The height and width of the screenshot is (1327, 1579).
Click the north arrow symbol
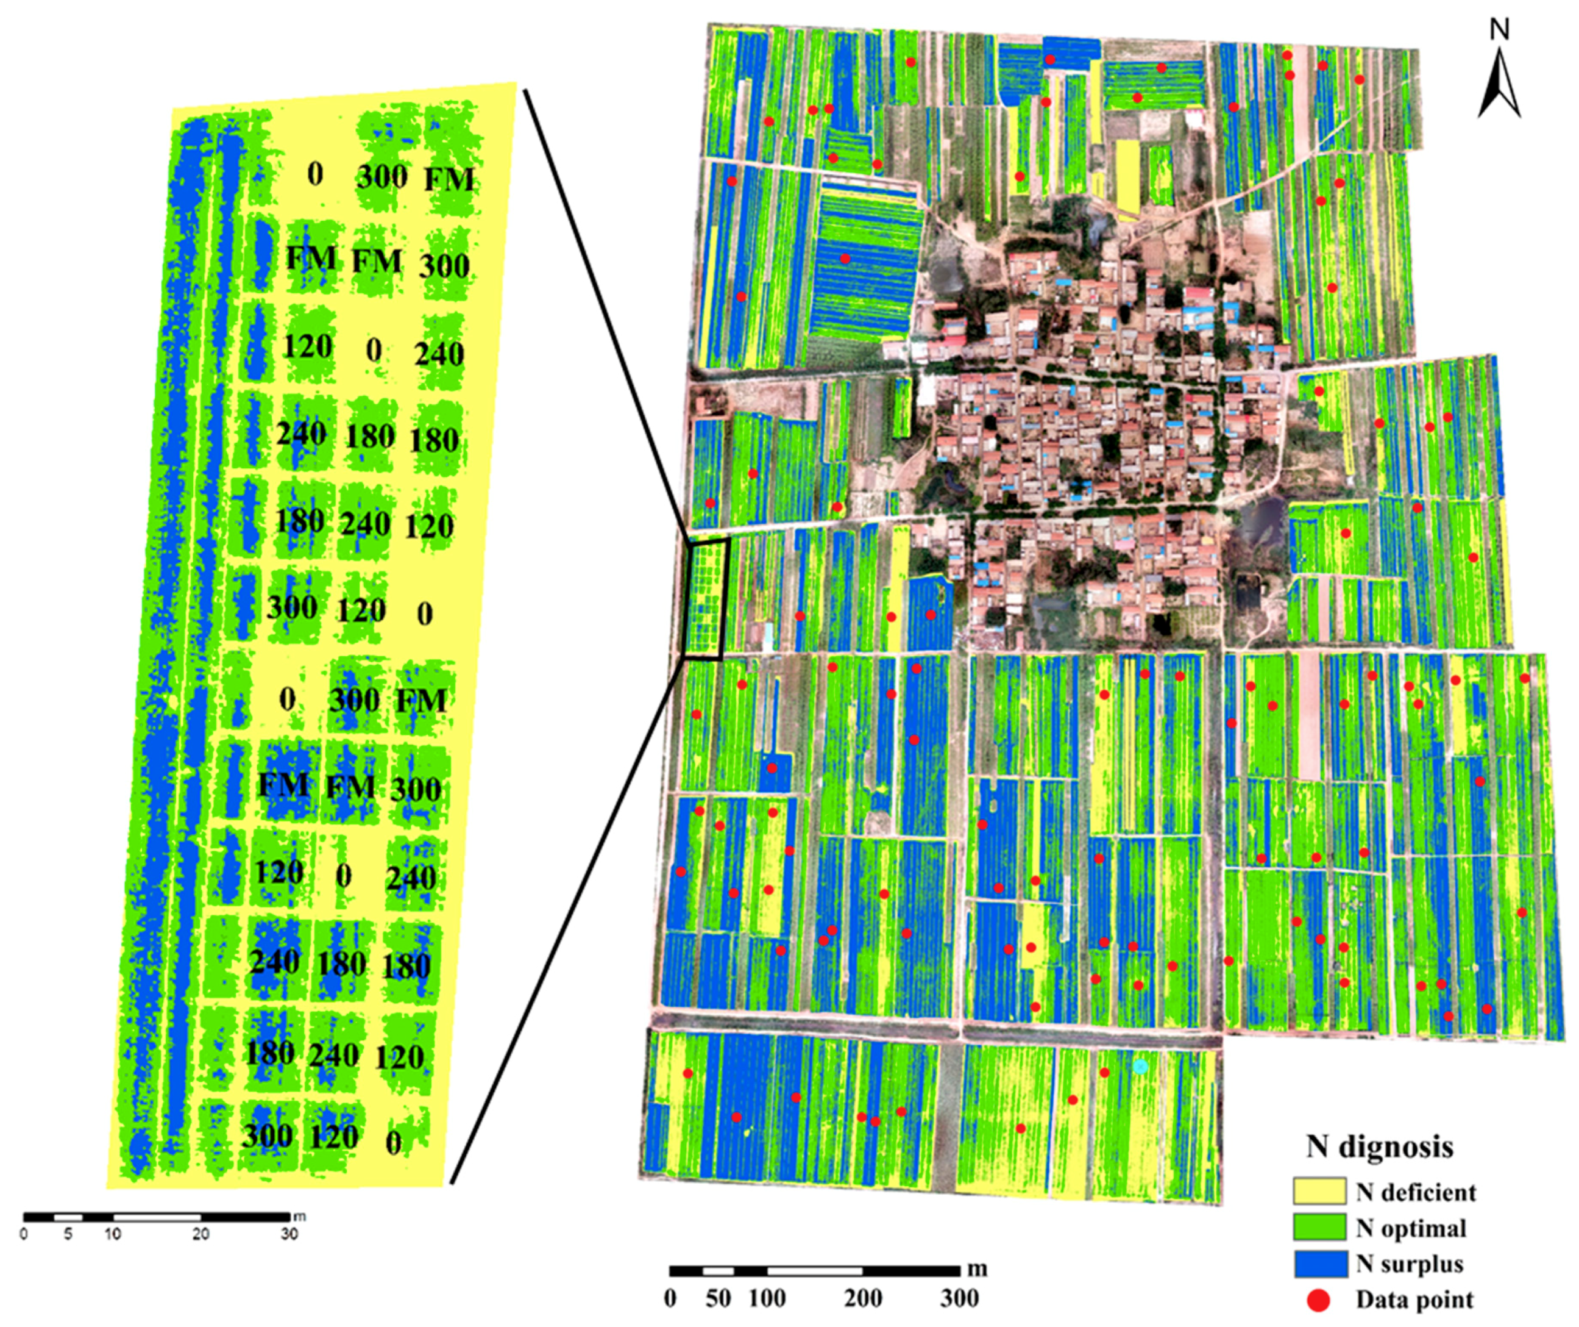click(1499, 84)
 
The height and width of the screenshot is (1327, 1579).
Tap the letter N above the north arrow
click(1499, 29)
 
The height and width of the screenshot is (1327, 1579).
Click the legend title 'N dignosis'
click(1380, 1146)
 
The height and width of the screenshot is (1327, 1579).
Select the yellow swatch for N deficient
click(1319, 1192)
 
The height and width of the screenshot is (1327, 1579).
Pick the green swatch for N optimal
click(1319, 1228)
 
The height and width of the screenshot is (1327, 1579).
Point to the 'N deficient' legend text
click(1416, 1192)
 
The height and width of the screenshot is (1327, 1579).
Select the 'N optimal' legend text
click(1411, 1228)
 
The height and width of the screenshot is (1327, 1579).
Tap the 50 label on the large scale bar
click(719, 1299)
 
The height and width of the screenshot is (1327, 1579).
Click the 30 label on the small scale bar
click(289, 1234)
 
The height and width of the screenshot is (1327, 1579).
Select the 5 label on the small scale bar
click(68, 1234)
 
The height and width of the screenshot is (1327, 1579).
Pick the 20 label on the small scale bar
click(200, 1234)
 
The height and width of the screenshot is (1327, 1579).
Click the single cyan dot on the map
click(1140, 1065)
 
